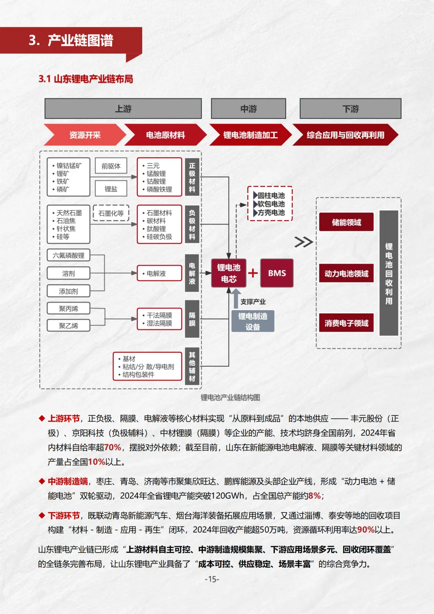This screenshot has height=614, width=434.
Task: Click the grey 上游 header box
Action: click(x=123, y=108)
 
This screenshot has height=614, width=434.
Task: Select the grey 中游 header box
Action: click(x=248, y=108)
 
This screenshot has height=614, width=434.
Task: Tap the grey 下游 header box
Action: click(x=350, y=108)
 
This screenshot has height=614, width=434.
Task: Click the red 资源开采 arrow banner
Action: click(x=84, y=135)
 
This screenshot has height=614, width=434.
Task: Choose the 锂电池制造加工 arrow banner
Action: click(x=250, y=135)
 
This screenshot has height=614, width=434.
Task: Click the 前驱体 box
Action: click(x=111, y=166)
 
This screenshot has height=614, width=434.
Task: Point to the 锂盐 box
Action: click(x=111, y=188)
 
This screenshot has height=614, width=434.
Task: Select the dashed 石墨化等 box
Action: click(x=111, y=213)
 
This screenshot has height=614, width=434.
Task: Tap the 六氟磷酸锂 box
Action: click(x=68, y=256)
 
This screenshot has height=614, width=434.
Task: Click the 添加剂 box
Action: click(x=68, y=291)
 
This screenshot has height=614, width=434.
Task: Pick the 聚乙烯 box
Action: click(x=68, y=326)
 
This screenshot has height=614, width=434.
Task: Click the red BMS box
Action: click(x=277, y=273)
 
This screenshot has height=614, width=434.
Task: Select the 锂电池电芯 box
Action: click(x=229, y=273)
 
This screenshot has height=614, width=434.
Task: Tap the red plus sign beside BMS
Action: click(x=253, y=273)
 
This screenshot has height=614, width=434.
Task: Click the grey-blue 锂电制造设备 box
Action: click(x=253, y=321)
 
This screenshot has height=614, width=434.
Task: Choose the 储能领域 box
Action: click(x=346, y=222)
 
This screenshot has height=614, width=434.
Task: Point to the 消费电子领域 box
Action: click(x=346, y=323)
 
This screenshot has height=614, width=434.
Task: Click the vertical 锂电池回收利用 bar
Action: click(x=389, y=273)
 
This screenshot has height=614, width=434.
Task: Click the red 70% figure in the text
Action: click(x=113, y=448)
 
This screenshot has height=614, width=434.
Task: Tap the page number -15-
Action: click(x=212, y=579)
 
